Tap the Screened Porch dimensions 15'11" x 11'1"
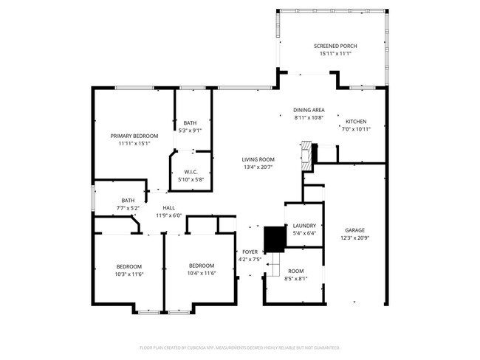[335, 53]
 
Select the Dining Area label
[309, 110]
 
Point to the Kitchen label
[357, 122]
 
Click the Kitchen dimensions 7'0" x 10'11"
[357, 129]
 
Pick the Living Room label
[258, 159]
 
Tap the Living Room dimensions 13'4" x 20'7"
[258, 167]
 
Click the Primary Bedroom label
[134, 136]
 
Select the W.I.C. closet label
[191, 172]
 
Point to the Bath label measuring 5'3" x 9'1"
[191, 123]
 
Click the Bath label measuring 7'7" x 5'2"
[128, 200]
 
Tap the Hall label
[168, 208]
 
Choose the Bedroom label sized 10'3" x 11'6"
[128, 266]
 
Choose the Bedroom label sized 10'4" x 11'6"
[202, 266]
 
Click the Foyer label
[249, 252]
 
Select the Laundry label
[304, 226]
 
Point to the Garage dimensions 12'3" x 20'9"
[354, 238]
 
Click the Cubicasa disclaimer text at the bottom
[239, 347]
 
